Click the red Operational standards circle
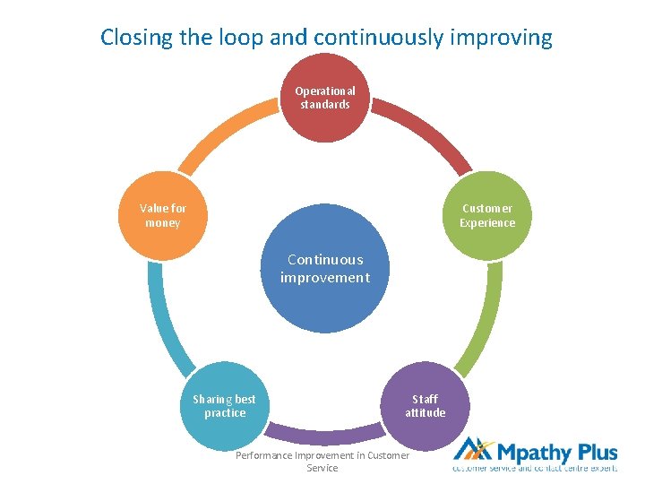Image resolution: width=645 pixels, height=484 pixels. pos(325,98)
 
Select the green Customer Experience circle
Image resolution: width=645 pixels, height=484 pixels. pos(487,215)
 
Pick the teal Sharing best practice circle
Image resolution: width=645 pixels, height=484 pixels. pos(225,406)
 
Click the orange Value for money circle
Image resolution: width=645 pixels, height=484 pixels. pos(162,215)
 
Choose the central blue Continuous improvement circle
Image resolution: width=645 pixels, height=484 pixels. pos(324,269)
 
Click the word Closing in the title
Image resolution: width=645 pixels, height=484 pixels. pos(133,38)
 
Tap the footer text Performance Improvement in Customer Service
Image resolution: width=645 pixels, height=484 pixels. pos(322,462)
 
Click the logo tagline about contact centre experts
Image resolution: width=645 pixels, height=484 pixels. pos(535,469)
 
